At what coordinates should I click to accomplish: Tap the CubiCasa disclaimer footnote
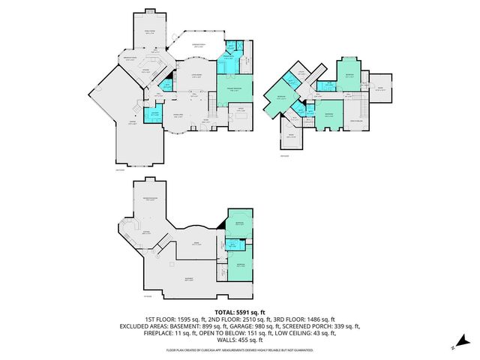tap(240, 350)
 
